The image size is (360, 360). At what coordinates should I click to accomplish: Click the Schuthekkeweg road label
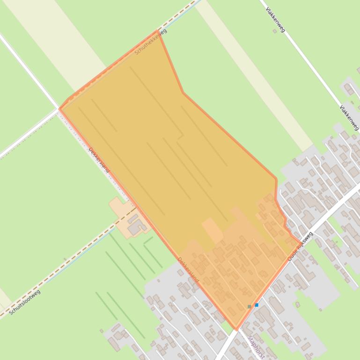tap(150, 42)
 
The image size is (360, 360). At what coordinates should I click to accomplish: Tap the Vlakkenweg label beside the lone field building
tap(275, 19)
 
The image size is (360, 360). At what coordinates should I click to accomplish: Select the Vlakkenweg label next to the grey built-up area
tap(349, 117)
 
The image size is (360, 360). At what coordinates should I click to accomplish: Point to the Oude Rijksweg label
tap(300, 246)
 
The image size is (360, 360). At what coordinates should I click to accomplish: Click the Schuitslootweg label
tap(24, 302)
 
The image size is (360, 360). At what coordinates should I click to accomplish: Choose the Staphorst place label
tap(256, 346)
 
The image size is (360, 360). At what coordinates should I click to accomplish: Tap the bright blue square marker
tap(257, 305)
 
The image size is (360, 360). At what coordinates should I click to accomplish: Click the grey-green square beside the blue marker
tap(250, 307)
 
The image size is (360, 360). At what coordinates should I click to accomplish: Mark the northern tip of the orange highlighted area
tap(158, 31)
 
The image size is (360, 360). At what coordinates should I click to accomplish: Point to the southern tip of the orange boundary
tap(236, 329)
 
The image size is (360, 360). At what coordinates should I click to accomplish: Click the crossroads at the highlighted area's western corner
tap(59, 109)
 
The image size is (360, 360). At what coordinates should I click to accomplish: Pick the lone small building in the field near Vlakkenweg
tap(274, 31)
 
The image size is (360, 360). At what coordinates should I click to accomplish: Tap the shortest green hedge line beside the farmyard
tap(148, 240)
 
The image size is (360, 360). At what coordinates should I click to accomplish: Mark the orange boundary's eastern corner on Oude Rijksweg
tap(301, 242)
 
